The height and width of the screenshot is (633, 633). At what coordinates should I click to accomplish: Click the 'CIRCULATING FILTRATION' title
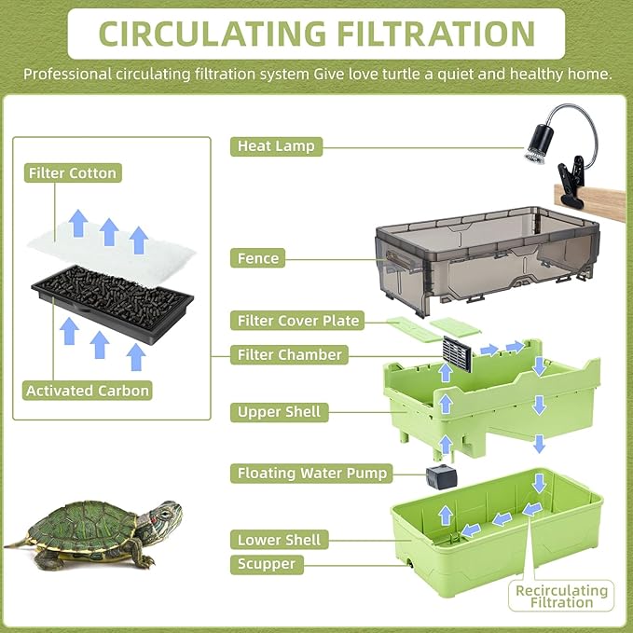point(316,33)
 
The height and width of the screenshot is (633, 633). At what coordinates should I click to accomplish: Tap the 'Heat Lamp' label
point(276,146)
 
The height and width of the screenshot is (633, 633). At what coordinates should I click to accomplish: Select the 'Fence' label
point(258,258)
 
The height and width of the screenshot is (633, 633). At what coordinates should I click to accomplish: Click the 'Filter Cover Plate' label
point(297,321)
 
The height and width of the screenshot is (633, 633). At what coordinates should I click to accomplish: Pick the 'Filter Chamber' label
point(289,354)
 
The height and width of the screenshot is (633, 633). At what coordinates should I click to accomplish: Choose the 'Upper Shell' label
point(279,411)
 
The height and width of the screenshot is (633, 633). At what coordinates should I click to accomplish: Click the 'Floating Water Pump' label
point(311,473)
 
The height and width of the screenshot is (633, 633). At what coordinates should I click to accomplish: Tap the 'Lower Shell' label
point(279,540)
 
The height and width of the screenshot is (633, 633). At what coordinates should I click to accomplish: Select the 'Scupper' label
point(266,564)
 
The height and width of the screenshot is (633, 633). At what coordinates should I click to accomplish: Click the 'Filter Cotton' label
point(73,173)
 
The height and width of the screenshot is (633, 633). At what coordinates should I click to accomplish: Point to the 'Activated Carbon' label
point(87,391)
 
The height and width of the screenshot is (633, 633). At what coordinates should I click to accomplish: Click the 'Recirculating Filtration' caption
point(561,596)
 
